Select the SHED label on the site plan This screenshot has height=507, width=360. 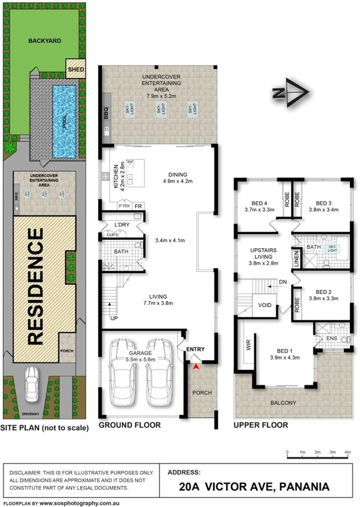click(x=76, y=70)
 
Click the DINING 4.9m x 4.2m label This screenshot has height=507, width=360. click(x=180, y=178)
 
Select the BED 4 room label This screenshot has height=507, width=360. click(x=258, y=205)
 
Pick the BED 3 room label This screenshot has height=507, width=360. click(x=323, y=205)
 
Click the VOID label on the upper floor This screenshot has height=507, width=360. click(x=264, y=305)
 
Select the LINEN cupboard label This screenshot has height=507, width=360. click(x=296, y=260)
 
